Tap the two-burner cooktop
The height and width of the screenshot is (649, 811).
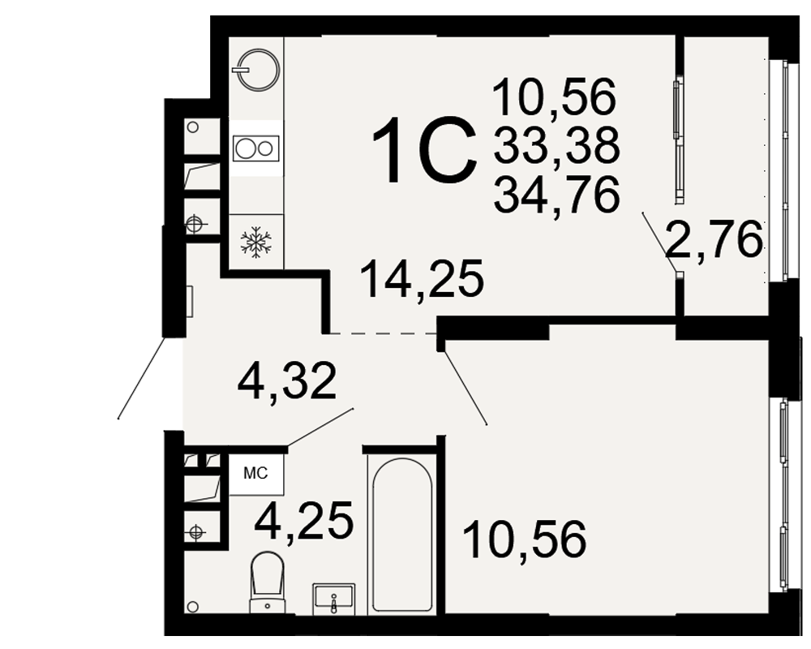click(256, 148)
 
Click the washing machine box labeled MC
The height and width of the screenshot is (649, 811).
click(256, 472)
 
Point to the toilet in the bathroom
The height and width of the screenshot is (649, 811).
click(267, 582)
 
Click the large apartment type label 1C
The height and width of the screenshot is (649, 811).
click(424, 150)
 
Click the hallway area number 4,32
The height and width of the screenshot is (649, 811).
click(287, 380)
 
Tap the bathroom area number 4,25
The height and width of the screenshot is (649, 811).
click(304, 520)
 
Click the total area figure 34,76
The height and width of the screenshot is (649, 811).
click(556, 194)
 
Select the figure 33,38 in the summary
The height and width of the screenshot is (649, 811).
click(556, 145)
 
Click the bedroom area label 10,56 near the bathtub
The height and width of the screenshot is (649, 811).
click(525, 539)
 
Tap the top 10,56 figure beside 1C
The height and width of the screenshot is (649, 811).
click(555, 97)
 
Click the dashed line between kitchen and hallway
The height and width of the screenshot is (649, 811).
click(384, 333)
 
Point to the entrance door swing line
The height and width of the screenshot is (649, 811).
click(142, 378)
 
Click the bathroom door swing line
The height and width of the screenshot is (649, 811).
click(320, 427)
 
